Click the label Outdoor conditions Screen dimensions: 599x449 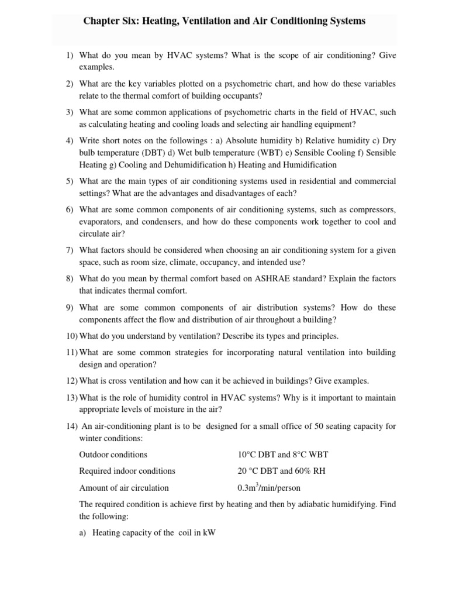[113, 455]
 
